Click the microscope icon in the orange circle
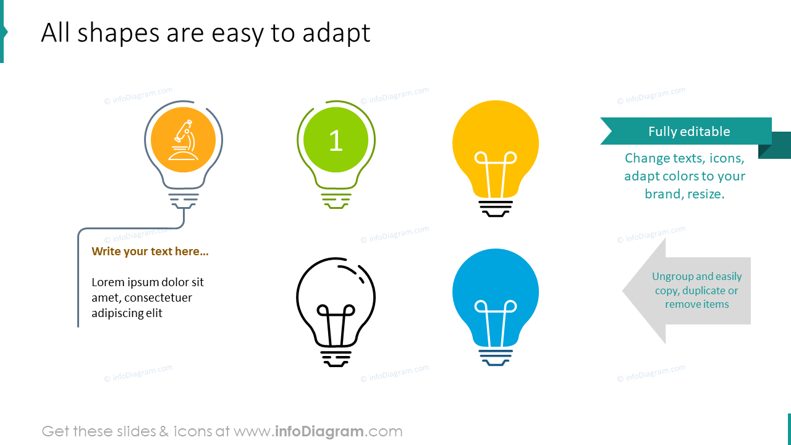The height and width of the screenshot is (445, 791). coord(184,140)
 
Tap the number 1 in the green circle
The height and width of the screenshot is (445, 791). coord(336,141)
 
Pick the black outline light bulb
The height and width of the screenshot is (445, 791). coord(336,303)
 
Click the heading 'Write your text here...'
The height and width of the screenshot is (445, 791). coord(150,252)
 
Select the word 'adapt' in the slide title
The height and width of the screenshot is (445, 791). coord(336,33)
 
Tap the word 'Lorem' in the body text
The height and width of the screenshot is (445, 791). coord(109,282)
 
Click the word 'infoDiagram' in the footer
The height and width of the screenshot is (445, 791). coord(319,431)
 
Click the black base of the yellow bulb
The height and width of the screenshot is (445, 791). coord(496,208)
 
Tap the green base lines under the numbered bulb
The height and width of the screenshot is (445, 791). coord(336,200)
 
